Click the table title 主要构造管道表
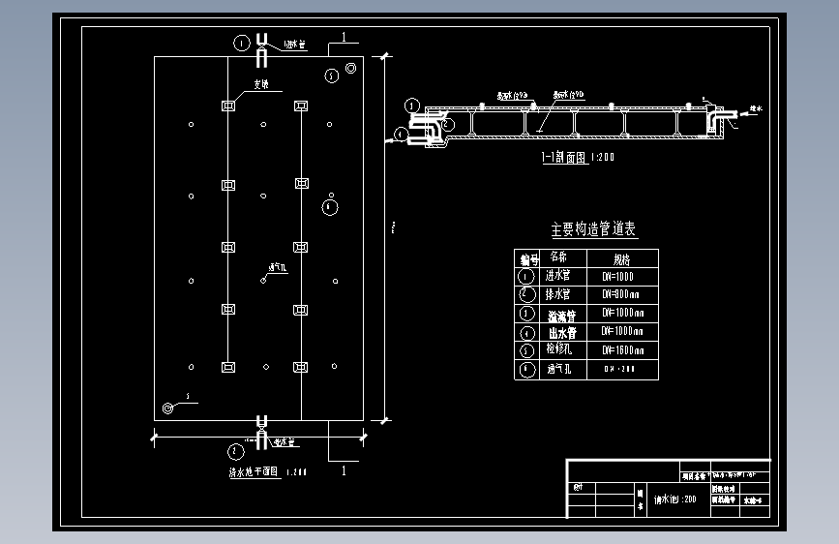click(x=593, y=229)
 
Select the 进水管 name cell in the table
click(x=560, y=275)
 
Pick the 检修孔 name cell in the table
click(x=560, y=350)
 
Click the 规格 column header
click(x=620, y=258)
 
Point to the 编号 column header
click(x=526, y=258)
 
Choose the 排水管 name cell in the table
click(x=560, y=294)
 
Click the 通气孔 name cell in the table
click(x=560, y=370)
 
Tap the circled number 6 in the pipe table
click(x=526, y=370)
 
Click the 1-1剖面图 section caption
click(x=578, y=156)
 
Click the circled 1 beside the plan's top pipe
click(x=241, y=42)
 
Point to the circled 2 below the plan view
click(x=233, y=450)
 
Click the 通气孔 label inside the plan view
click(x=275, y=266)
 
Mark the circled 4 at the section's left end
click(x=401, y=136)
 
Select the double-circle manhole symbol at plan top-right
click(x=333, y=74)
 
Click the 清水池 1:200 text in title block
click(x=675, y=499)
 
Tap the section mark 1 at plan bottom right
click(x=342, y=471)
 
